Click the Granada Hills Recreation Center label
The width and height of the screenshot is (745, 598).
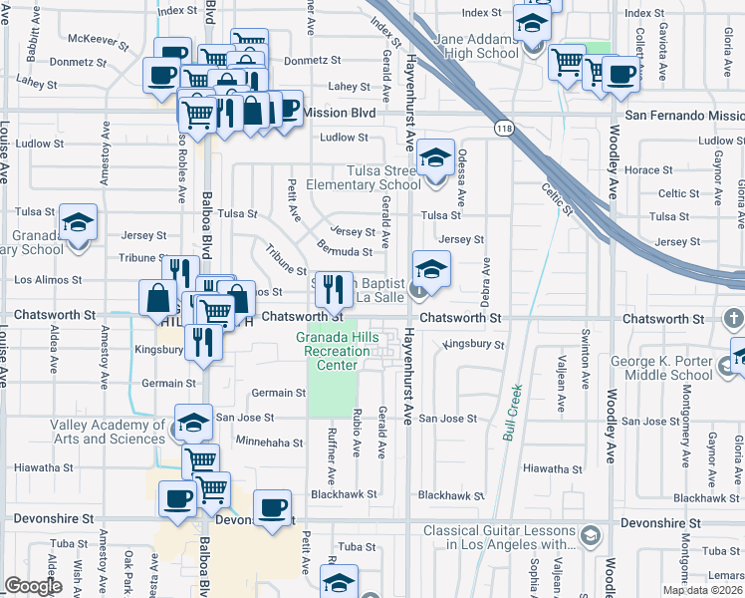[337, 352]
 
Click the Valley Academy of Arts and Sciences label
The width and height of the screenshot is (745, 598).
[108, 432]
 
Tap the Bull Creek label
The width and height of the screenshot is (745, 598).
[513, 414]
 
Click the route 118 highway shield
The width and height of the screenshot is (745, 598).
[503, 128]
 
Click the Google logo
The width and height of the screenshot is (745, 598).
[33, 586]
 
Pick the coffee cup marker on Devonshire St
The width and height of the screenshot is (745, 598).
[272, 508]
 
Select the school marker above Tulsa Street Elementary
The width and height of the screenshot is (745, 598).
[435, 157]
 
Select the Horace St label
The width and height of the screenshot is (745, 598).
[648, 170]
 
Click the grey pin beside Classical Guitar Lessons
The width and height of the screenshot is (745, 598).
[590, 536]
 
